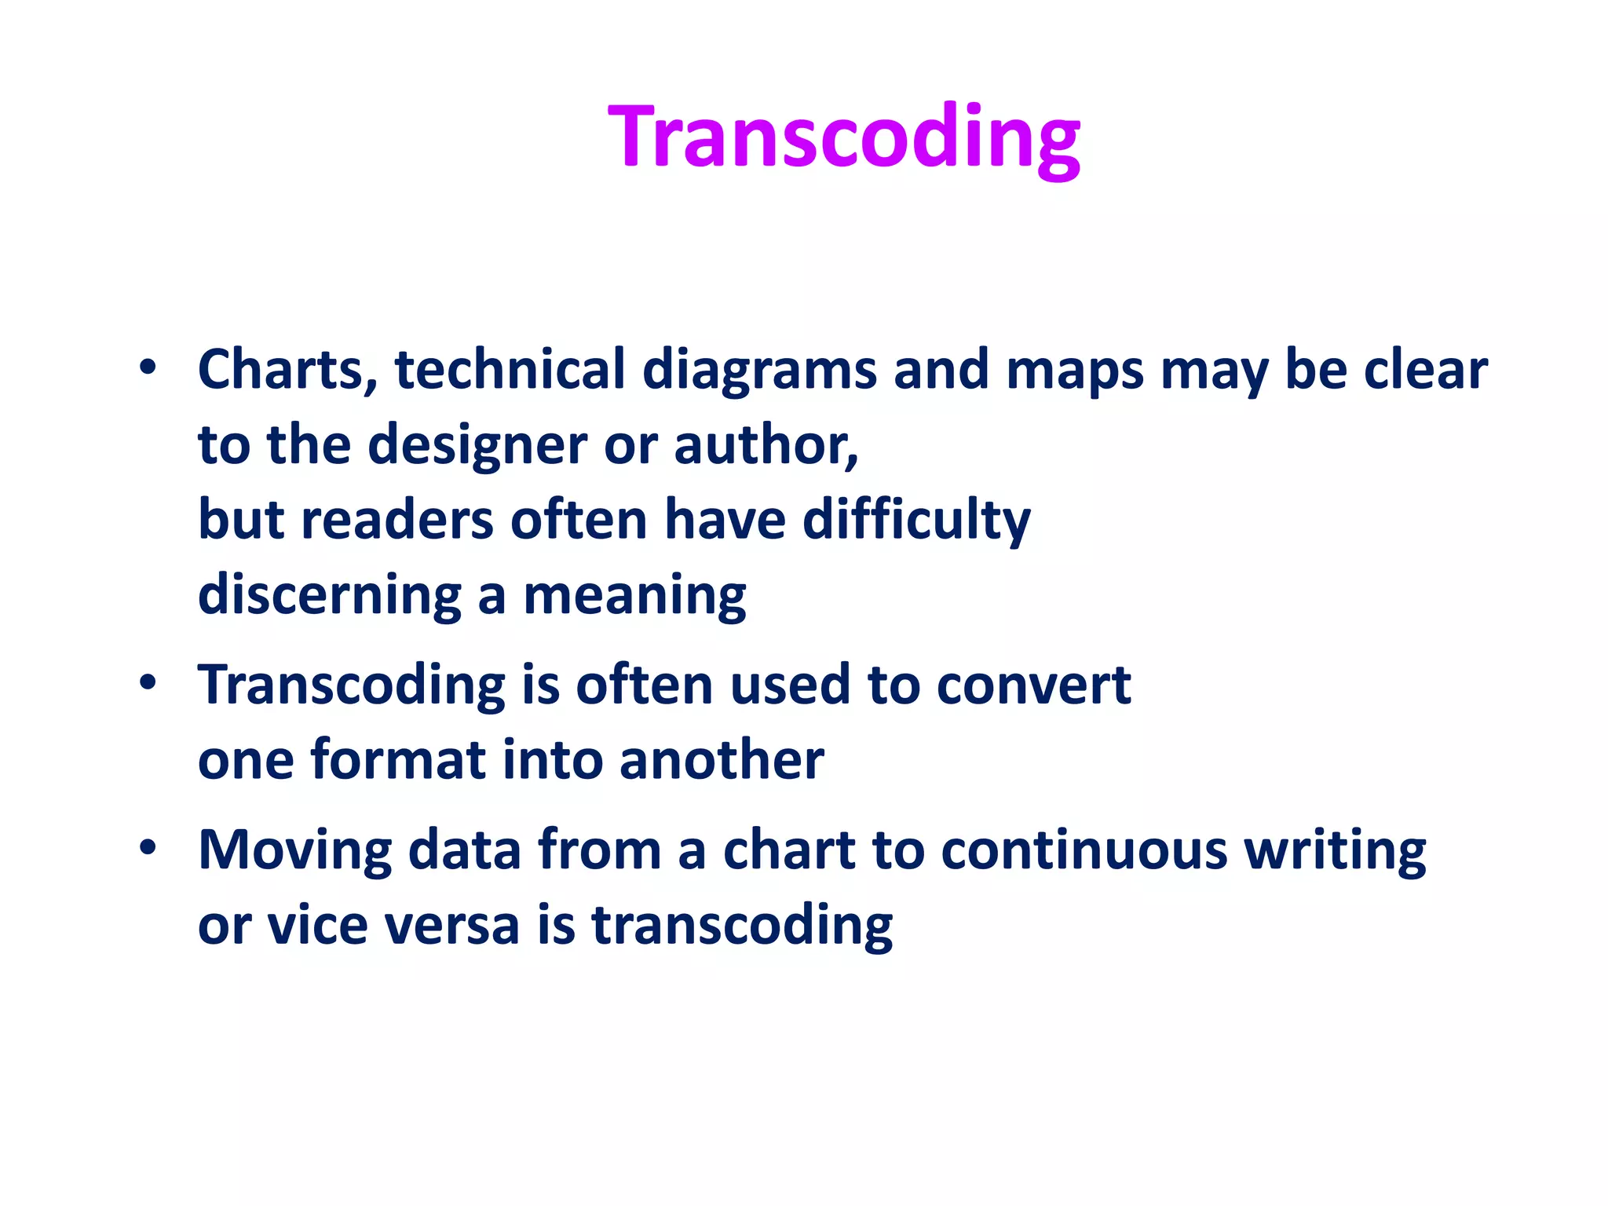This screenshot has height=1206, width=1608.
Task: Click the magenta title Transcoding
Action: tap(844, 138)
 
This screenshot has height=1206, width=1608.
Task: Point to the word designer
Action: tap(477, 446)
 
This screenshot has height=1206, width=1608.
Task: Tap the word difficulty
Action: tap(916, 521)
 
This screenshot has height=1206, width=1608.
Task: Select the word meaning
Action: tap(634, 596)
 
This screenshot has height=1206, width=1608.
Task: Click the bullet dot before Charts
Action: tap(148, 367)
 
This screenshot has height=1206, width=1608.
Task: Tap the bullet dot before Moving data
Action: tap(148, 848)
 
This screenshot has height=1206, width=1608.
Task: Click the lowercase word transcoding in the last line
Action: tap(742, 926)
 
